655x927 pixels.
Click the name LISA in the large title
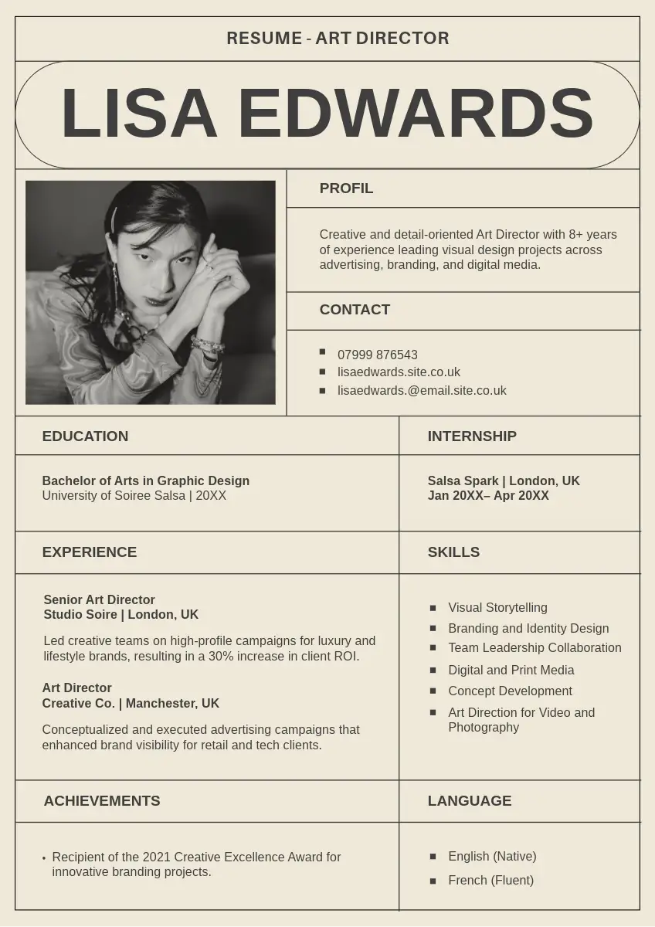tap(139, 114)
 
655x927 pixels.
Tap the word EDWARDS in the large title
tap(416, 114)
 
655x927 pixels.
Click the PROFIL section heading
tap(346, 188)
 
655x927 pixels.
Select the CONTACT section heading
tap(355, 310)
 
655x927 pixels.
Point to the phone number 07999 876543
tap(377, 355)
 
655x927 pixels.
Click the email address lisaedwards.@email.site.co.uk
tap(422, 391)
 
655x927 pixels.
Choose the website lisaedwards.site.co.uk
tap(399, 372)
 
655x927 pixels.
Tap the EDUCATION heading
tap(85, 436)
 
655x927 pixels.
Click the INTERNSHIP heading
tap(472, 436)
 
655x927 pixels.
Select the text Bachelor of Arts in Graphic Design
tap(146, 480)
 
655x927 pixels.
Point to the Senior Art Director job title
tap(99, 599)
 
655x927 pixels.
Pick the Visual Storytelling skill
tap(497, 608)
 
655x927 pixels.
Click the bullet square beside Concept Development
tap(433, 691)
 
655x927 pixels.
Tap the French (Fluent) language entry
tap(490, 881)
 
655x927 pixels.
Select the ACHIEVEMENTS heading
tap(102, 801)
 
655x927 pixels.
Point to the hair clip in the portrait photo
tap(114, 219)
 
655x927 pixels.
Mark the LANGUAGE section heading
tap(470, 801)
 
